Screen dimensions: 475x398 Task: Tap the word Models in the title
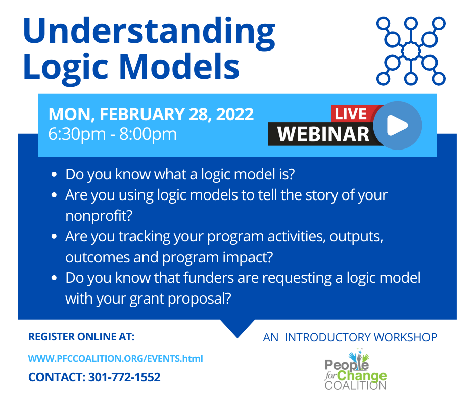click(x=179, y=67)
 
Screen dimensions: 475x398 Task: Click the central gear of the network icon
click(x=411, y=51)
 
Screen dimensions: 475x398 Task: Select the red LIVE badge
click(x=351, y=114)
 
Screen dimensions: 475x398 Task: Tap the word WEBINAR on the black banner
click(x=323, y=134)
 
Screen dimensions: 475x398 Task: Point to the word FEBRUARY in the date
click(x=142, y=114)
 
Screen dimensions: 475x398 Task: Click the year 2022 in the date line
click(x=235, y=114)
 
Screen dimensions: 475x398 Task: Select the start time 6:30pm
click(x=77, y=134)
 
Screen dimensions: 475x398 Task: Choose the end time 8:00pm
click(x=148, y=134)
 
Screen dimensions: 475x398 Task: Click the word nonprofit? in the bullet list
click(x=99, y=216)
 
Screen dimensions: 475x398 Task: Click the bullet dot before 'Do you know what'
click(x=54, y=174)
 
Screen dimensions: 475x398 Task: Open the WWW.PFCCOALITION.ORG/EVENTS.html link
click(x=115, y=358)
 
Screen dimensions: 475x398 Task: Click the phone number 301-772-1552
click(x=124, y=377)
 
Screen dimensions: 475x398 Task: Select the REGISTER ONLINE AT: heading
click(x=81, y=337)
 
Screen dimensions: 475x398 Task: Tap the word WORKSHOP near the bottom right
click(x=405, y=337)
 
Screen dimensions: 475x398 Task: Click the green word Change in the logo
click(x=362, y=376)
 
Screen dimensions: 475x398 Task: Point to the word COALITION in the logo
click(x=356, y=385)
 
